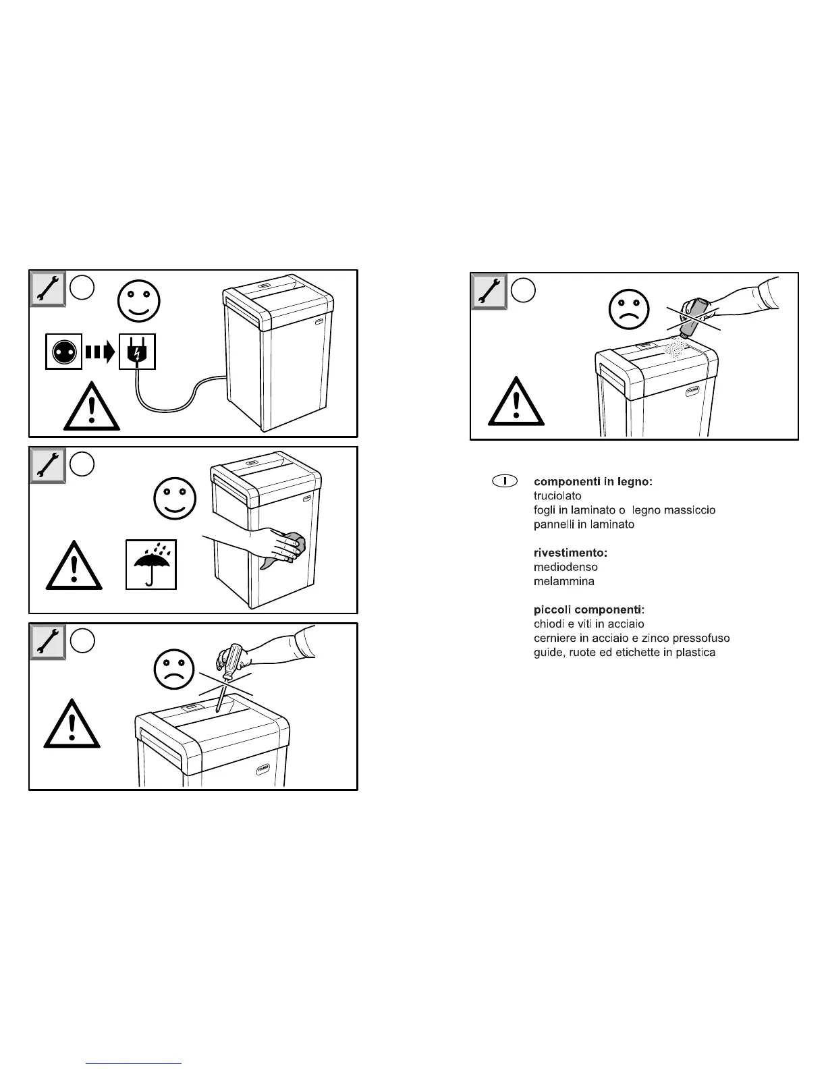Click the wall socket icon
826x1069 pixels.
63,351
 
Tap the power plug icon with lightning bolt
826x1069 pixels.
137,351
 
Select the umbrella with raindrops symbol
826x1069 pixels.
151,564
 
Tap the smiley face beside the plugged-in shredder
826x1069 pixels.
139,301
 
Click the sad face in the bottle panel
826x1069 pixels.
628,308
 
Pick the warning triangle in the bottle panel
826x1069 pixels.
516,402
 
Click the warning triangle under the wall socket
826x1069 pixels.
92,407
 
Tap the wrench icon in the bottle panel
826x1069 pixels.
489,292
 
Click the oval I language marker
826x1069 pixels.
504,481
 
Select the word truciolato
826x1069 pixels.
557,496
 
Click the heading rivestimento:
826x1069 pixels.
570,553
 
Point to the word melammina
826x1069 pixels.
564,581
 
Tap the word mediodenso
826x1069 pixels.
566,567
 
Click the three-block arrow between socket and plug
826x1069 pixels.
101,351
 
